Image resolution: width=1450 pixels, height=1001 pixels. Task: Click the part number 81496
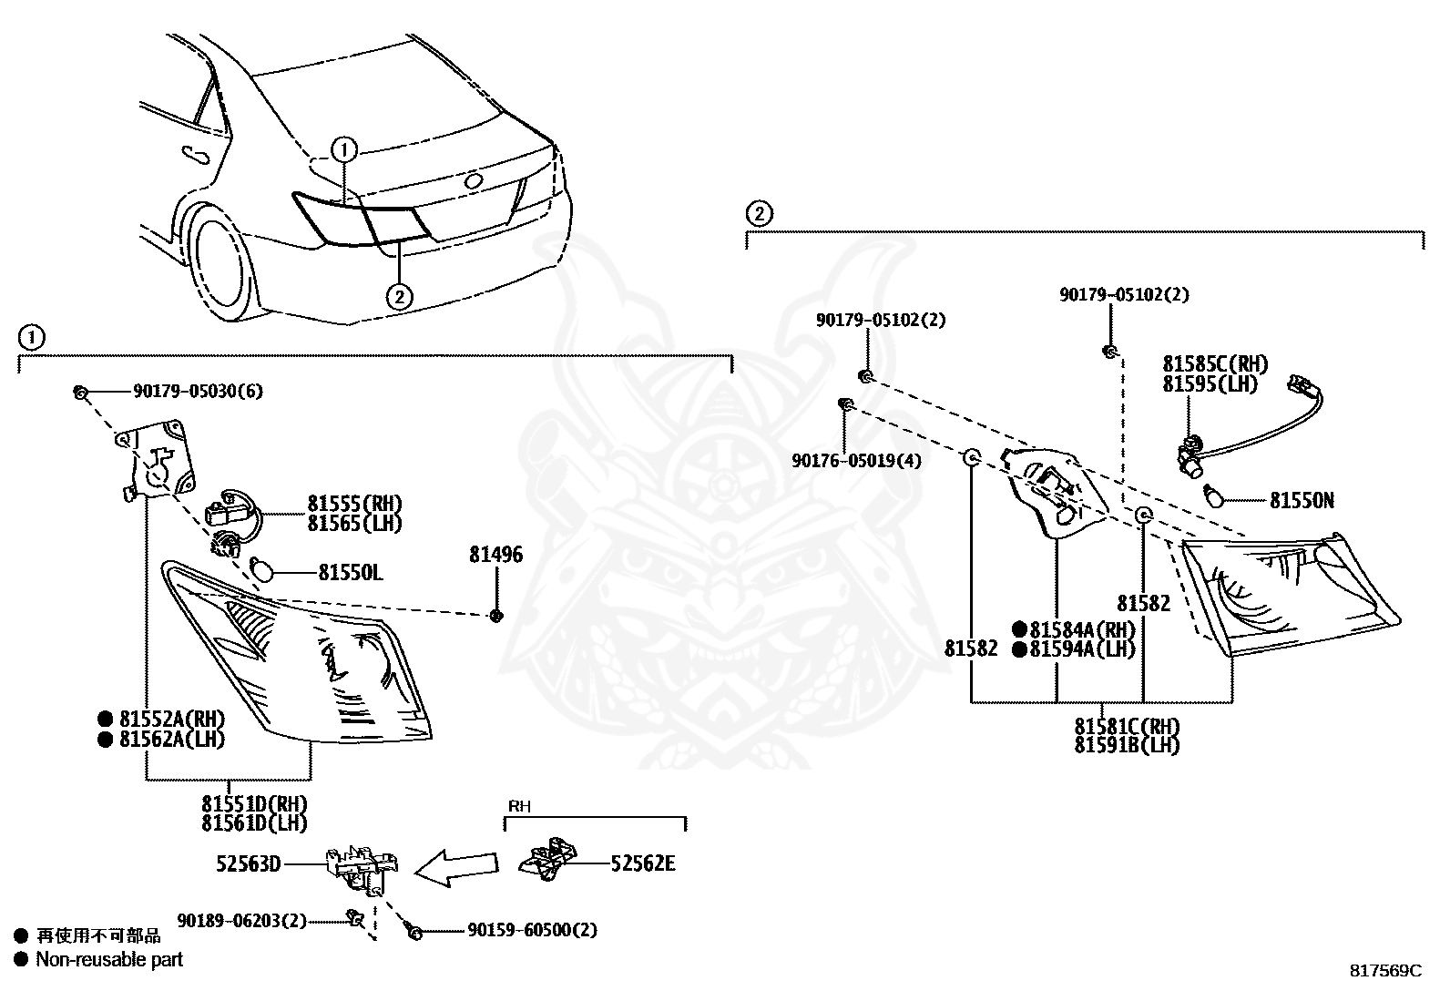coord(495,555)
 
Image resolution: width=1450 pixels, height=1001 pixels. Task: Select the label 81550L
coord(350,573)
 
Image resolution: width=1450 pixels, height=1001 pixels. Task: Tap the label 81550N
coord(1302,501)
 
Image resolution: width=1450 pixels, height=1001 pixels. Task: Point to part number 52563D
coord(249,863)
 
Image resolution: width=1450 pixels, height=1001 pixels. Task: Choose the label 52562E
coord(643,863)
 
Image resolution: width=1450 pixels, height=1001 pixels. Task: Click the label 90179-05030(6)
coord(198,391)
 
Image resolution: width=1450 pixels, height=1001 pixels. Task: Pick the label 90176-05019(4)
coord(856,460)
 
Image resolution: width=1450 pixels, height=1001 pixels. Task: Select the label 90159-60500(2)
coord(532,930)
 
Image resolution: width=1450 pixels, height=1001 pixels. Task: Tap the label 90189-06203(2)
coord(242,920)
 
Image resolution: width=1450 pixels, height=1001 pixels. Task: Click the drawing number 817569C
coord(1386,971)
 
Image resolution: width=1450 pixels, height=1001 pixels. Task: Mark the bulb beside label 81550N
coord(1214,496)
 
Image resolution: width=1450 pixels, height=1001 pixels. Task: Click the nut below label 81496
coord(496,615)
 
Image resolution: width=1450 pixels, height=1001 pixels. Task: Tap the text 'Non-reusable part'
coord(109,959)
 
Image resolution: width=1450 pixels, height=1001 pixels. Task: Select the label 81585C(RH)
coord(1215,364)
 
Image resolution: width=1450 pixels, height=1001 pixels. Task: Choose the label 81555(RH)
coord(354,504)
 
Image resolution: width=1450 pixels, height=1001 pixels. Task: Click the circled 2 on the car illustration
coord(400,297)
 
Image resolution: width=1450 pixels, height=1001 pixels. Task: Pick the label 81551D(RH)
coord(254,804)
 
